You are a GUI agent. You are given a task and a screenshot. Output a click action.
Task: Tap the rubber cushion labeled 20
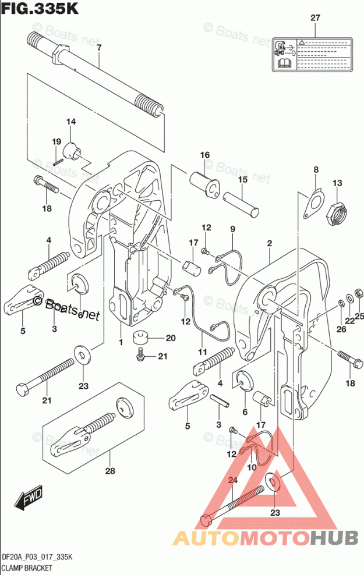[x=140, y=338]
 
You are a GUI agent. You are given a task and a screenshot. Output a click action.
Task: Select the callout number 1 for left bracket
[x=121, y=342]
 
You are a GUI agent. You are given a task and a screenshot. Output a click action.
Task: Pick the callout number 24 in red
[x=233, y=480]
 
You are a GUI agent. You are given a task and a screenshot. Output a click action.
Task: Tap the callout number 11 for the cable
[x=202, y=352]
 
